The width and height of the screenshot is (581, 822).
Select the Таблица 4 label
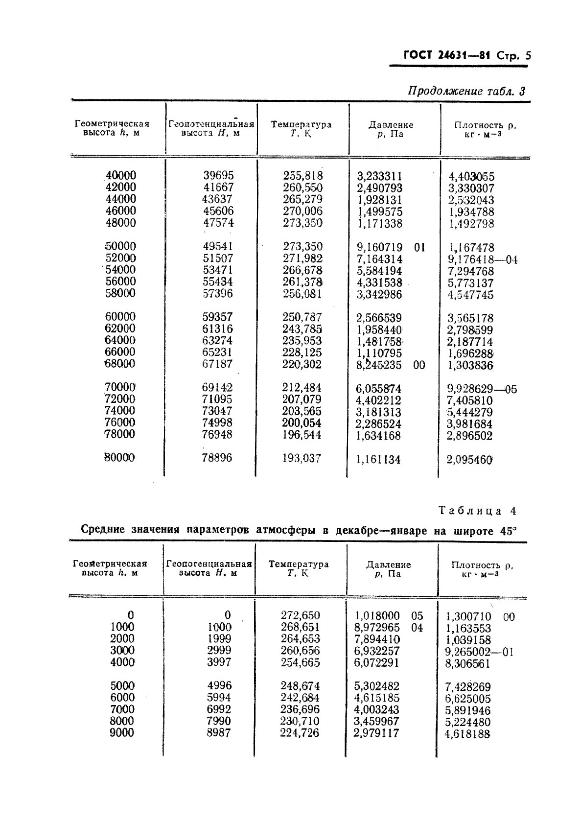coord(477,511)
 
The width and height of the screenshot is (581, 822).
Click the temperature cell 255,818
coord(302,175)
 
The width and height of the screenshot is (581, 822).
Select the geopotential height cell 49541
coord(218,246)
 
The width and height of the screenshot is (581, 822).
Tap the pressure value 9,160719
coord(380,247)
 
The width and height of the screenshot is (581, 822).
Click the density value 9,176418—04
coord(482,259)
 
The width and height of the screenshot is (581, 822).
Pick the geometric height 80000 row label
coord(120,457)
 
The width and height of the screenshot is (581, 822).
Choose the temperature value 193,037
coord(302,458)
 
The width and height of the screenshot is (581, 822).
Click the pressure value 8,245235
coord(379,365)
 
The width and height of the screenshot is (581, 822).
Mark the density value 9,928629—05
coord(482,389)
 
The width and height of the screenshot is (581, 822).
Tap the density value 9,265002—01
coord(479,652)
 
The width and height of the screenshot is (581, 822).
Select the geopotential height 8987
coord(218,732)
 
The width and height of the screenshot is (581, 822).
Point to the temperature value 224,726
coord(300,733)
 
